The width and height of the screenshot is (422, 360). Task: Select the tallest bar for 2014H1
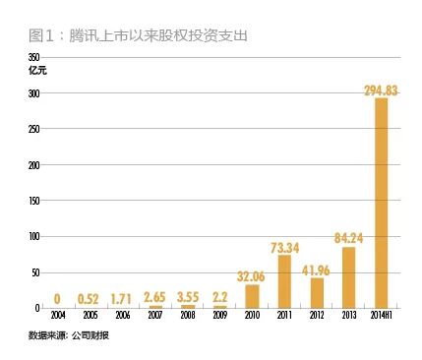380,203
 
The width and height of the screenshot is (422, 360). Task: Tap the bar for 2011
283,281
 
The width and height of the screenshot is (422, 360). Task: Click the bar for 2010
252,296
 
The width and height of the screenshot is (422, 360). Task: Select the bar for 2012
316,292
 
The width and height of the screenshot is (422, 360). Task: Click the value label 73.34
283,248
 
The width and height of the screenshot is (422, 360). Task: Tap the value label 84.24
347,237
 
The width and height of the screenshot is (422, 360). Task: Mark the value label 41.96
316,270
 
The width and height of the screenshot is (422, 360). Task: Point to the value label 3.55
188,296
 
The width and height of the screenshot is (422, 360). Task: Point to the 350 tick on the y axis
35,59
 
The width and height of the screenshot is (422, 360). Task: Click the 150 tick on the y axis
35,201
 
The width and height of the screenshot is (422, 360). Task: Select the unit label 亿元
37,71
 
